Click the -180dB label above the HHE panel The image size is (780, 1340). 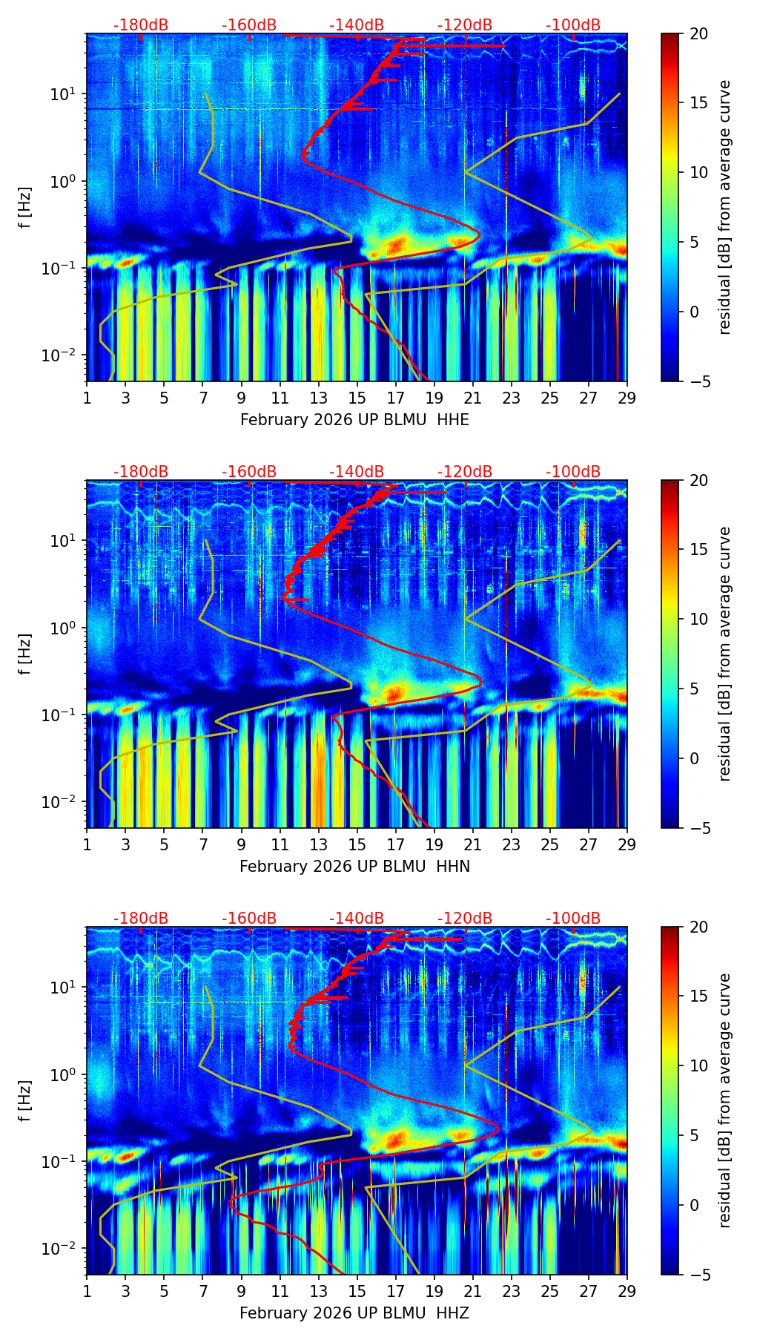point(141,25)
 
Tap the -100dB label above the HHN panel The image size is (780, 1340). point(573,472)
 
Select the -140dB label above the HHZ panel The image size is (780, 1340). point(357,919)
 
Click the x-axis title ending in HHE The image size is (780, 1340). point(354,420)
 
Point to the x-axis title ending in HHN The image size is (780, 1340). point(354,867)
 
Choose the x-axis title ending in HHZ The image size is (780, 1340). point(354,1313)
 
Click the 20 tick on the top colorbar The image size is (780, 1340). point(698,33)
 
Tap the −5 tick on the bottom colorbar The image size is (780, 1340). point(698,1275)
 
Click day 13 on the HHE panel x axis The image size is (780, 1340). point(319,398)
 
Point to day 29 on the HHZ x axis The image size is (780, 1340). point(627,1291)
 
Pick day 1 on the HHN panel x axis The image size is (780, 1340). point(87,844)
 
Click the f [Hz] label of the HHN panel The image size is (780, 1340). point(25,654)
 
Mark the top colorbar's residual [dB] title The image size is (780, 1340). point(724,207)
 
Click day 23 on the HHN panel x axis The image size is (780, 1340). point(512,844)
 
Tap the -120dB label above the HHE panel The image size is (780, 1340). point(465,25)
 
